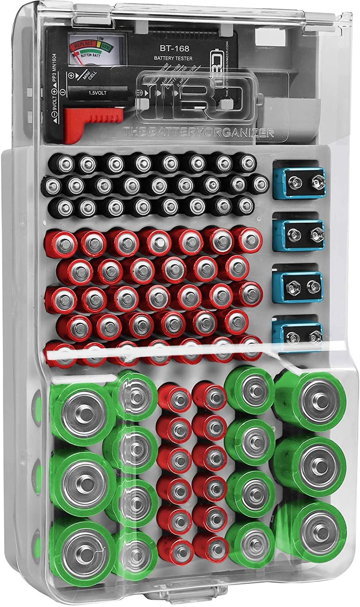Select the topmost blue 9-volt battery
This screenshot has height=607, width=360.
pyautogui.click(x=298, y=179)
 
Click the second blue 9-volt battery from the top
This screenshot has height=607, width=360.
pyautogui.click(x=298, y=232)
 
